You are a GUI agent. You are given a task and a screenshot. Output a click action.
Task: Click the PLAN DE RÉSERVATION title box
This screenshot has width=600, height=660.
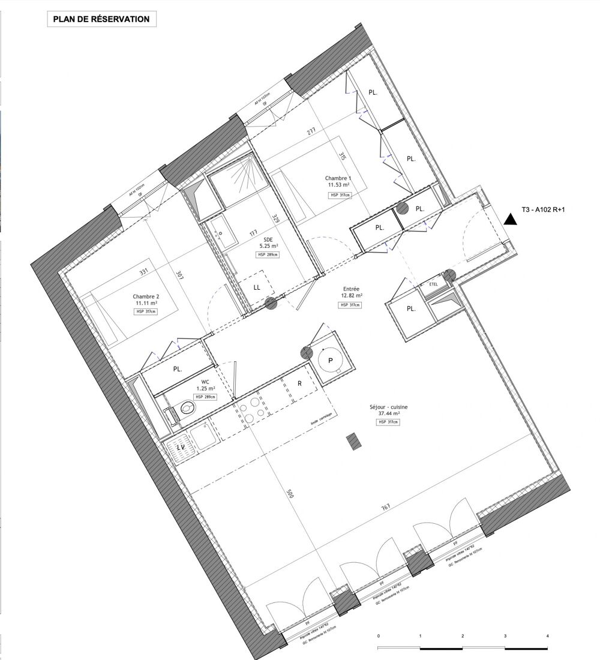tap(101, 19)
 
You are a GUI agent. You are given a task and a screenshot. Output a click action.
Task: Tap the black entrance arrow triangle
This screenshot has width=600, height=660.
tap(511, 218)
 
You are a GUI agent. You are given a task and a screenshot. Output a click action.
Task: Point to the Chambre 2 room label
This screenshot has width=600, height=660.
tap(146, 299)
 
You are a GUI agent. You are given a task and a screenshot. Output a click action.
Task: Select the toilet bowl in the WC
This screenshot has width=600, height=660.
tap(186, 410)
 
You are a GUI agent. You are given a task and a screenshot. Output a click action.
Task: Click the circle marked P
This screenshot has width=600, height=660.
tap(331, 361)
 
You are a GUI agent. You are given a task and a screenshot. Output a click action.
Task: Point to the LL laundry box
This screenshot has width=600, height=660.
tap(257, 287)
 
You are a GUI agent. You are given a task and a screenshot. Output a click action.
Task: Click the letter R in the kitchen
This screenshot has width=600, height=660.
tap(299, 383)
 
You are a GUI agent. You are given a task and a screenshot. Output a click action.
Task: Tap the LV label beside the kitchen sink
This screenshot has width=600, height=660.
tap(179, 447)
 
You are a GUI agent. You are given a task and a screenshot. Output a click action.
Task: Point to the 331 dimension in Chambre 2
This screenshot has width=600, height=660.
tap(143, 272)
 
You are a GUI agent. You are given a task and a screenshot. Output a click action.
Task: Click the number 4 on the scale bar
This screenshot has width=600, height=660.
tap(548, 635)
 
